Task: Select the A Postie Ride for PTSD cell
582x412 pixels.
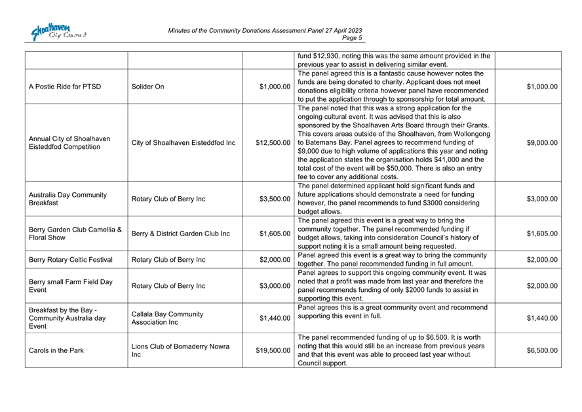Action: point(65,87)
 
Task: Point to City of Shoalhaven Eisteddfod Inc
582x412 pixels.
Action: point(184,142)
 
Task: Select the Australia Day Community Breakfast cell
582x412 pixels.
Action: point(68,199)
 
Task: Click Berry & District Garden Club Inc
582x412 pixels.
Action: point(180,234)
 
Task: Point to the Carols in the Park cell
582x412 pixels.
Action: point(56,351)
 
